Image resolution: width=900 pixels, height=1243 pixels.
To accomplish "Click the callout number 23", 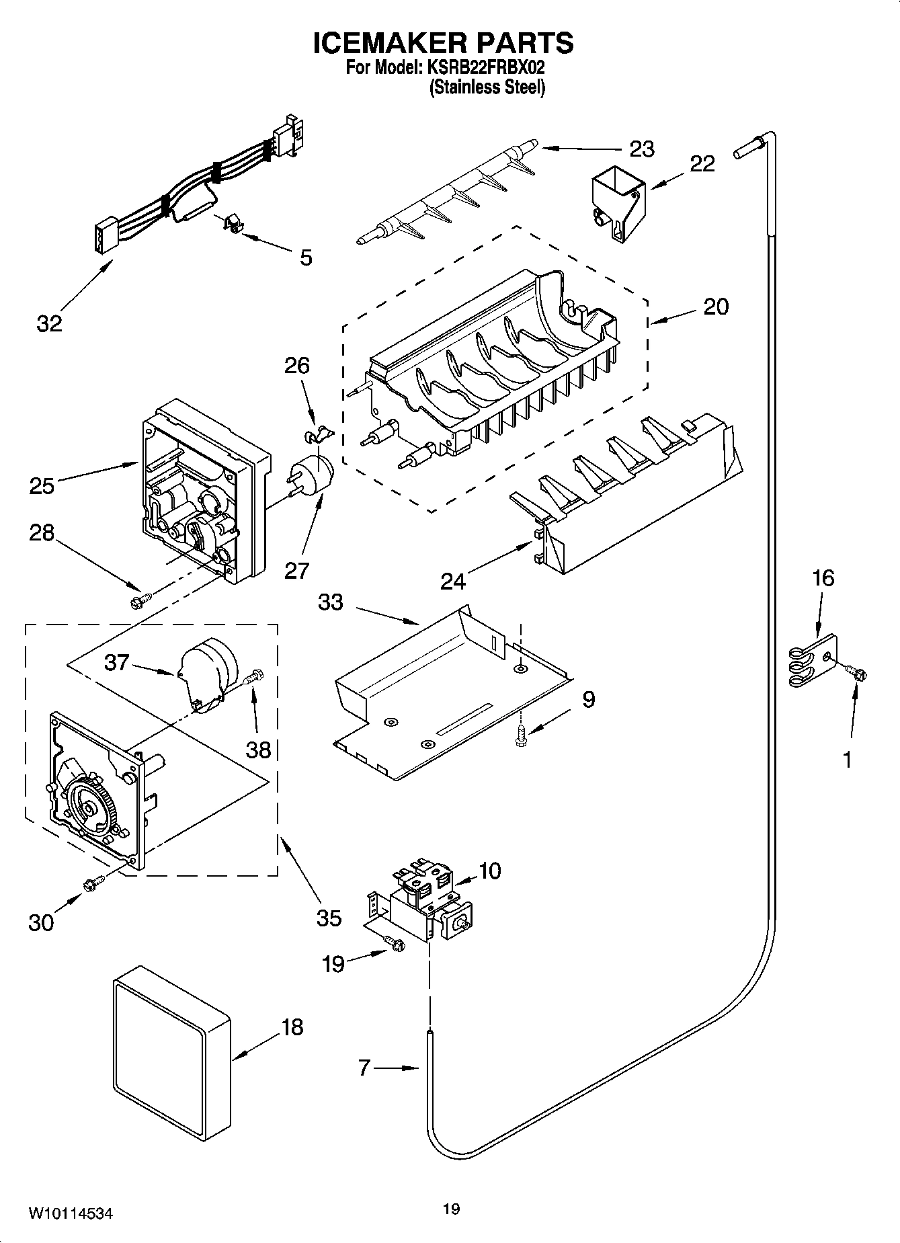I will click(x=641, y=149).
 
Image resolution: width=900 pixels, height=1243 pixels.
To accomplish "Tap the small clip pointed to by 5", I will click(x=231, y=224).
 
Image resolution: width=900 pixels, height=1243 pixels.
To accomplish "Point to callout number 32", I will click(x=49, y=323).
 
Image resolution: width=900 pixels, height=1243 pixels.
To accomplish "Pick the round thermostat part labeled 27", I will click(x=313, y=475).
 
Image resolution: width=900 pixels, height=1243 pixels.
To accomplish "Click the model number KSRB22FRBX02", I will click(x=482, y=67).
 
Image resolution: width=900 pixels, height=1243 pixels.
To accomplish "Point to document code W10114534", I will click(x=69, y=1213).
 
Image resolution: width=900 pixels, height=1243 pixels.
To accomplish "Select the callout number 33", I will click(x=331, y=602).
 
